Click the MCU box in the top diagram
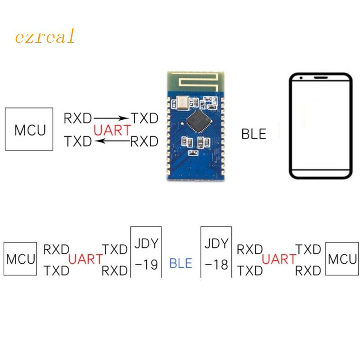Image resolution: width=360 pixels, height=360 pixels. [x=30, y=129]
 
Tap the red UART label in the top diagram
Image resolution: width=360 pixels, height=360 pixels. [x=112, y=130]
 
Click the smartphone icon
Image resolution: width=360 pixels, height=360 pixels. [x=320, y=127]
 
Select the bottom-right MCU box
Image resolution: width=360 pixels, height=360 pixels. [x=342, y=259]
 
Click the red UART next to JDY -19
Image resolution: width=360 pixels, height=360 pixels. [x=85, y=259]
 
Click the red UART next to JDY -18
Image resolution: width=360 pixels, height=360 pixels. [x=279, y=259]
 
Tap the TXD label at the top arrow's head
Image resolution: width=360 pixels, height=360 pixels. [x=144, y=119]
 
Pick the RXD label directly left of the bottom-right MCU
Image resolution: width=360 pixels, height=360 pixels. [x=309, y=270]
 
